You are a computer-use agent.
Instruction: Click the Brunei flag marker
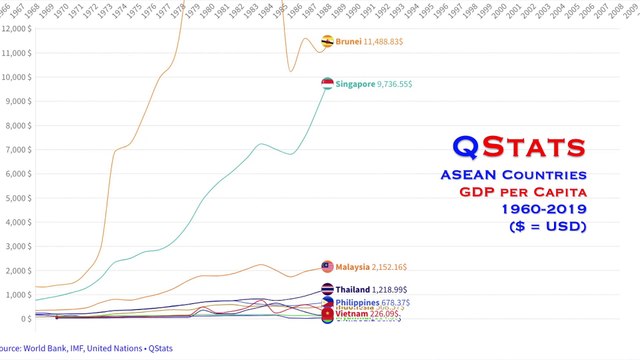(327, 41)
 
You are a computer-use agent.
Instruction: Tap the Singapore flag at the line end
(327, 84)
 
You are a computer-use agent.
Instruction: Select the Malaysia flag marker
(327, 267)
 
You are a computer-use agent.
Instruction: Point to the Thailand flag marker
(327, 289)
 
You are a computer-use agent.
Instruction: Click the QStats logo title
(518, 146)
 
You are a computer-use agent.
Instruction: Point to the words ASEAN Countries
(512, 175)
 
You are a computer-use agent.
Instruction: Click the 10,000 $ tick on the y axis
(18, 77)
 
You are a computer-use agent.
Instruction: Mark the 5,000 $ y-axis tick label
(18, 198)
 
